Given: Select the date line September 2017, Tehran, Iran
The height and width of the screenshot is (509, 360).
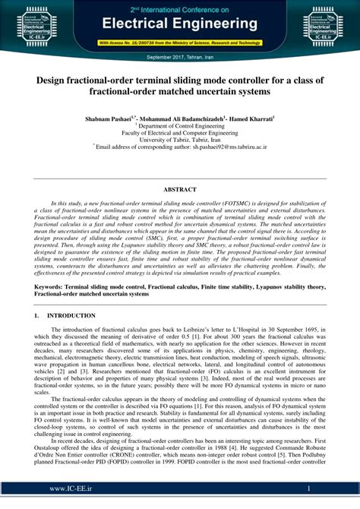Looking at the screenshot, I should [180, 57].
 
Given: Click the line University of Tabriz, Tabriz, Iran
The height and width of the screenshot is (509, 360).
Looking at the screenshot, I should [180, 140].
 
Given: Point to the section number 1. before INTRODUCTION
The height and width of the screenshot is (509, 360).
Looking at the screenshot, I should [36, 315].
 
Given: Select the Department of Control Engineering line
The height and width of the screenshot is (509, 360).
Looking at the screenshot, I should [180, 125].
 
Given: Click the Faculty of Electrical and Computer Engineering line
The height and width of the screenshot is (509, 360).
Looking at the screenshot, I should [180, 133].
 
